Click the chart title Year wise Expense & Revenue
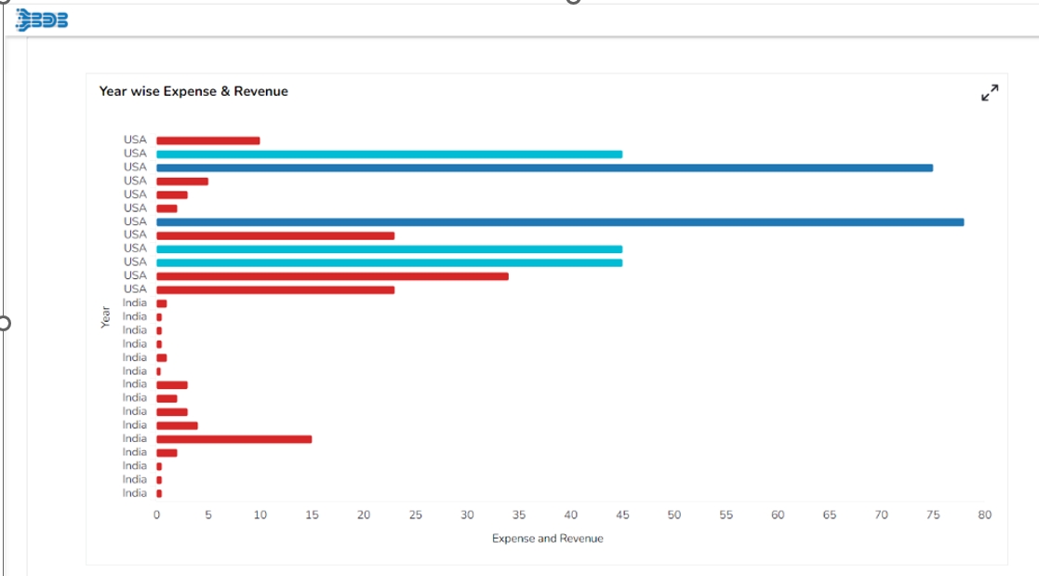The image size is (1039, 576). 193,91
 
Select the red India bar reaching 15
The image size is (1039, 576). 233,439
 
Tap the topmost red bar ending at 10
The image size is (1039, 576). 207,141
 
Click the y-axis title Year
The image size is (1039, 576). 105,317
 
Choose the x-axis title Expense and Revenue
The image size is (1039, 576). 547,539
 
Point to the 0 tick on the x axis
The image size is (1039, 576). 156,515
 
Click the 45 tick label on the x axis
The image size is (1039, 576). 622,515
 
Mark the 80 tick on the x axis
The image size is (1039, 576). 985,515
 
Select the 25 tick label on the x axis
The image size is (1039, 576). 415,515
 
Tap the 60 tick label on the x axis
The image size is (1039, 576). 778,515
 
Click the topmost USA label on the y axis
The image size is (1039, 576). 135,141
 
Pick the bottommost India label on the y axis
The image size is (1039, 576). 135,493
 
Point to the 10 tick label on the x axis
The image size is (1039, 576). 260,515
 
